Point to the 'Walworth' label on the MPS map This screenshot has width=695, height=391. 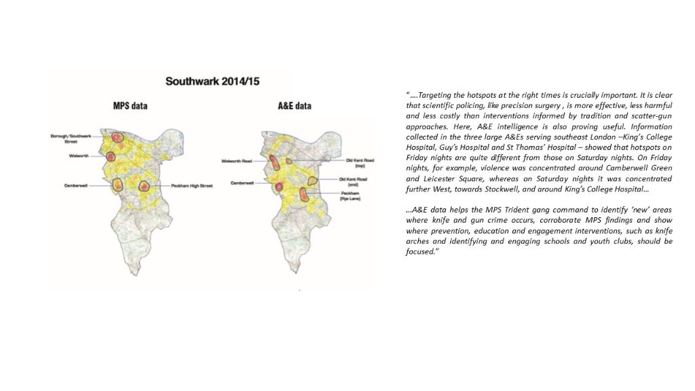tap(79, 155)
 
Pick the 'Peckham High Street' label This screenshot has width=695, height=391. tap(191, 185)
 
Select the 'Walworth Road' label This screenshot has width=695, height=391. tap(236, 161)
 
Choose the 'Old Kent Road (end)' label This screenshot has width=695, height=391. tap(353, 181)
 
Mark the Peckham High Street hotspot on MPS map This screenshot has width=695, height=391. tap(145, 185)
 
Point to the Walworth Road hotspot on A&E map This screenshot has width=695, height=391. tap(274, 162)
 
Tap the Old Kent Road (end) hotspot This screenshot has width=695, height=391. tap(312, 181)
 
